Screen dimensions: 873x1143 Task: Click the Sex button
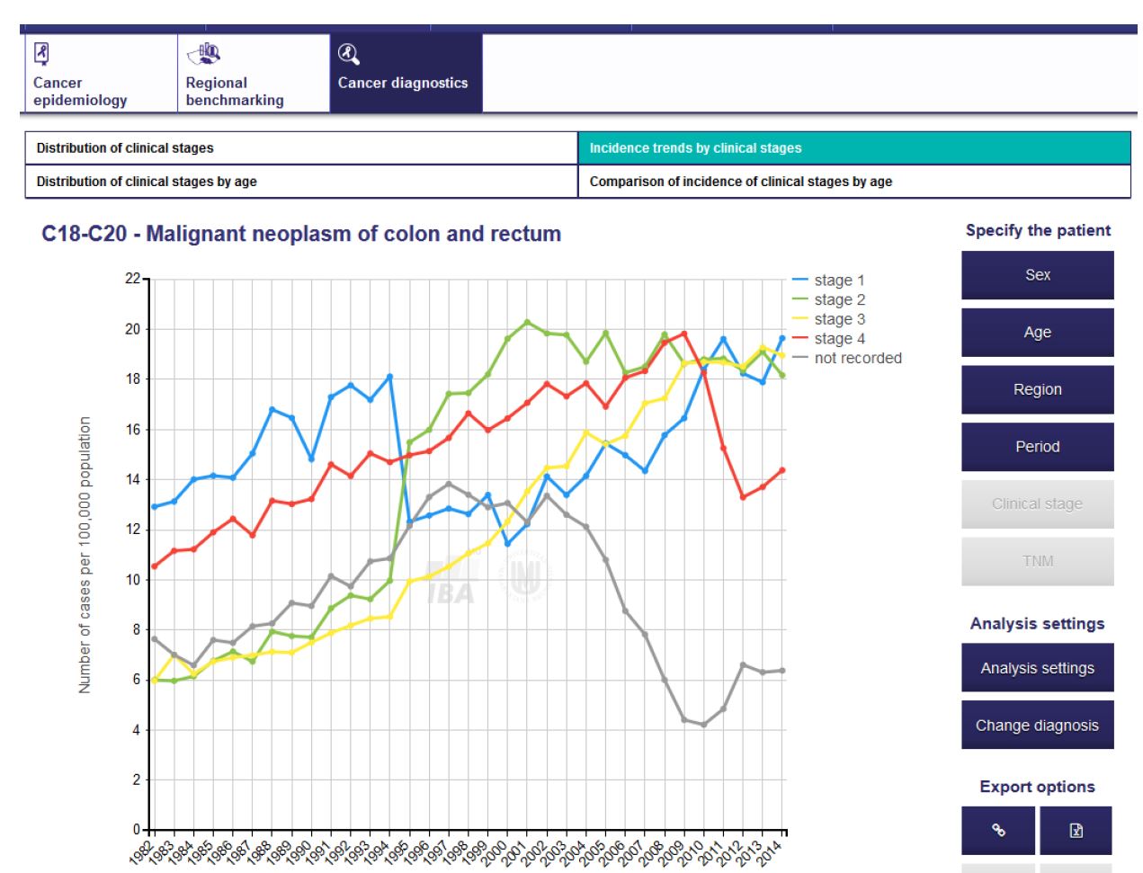1037,275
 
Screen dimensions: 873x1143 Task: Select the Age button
1037,333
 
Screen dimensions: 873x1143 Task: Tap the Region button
1037,389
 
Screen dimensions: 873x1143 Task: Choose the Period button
1037,447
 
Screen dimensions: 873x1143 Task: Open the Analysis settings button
1037,668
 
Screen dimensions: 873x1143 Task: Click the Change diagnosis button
1037,726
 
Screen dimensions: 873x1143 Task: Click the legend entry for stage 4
839,339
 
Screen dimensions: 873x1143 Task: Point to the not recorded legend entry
857,358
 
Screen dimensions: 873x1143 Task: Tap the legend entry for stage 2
839,299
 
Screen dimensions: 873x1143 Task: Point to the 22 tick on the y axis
133,279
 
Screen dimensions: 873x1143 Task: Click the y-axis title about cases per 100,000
85,555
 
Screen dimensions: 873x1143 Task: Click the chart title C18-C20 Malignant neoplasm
301,235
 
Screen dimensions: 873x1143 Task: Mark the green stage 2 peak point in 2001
527,322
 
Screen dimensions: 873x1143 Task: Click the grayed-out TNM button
1037,561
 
